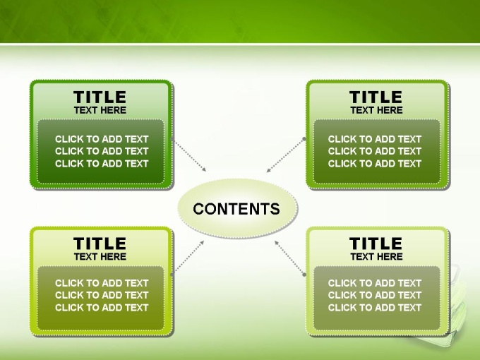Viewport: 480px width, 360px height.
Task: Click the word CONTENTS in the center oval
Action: pyautogui.click(x=236, y=209)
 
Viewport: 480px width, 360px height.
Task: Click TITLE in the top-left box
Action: pyautogui.click(x=100, y=97)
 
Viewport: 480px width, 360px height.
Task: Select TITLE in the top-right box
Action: pyautogui.click(x=376, y=97)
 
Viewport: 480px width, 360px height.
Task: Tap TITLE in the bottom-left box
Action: pyautogui.click(x=100, y=244)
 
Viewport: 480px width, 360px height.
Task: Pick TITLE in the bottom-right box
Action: pyautogui.click(x=376, y=244)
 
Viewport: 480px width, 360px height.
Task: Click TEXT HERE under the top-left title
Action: pyautogui.click(x=100, y=110)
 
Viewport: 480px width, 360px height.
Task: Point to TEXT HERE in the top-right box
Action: pyautogui.click(x=376, y=110)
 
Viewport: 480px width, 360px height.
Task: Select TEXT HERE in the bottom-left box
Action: pyautogui.click(x=100, y=256)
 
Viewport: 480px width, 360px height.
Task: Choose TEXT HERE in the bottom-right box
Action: pyautogui.click(x=376, y=256)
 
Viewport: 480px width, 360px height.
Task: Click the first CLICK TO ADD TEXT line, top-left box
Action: pyautogui.click(x=102, y=139)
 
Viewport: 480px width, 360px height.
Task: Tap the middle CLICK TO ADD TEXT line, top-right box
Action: pyautogui.click(x=375, y=151)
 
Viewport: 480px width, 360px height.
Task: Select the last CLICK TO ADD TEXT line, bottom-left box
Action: pyautogui.click(x=102, y=307)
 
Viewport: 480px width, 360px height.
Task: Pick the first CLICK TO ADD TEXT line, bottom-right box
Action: pyautogui.click(x=375, y=283)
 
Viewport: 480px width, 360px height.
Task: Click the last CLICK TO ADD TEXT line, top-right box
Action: pyautogui.click(x=375, y=164)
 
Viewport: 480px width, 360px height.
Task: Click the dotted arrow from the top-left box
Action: pyautogui.click(x=189, y=155)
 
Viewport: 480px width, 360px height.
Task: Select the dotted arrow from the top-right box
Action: pyautogui.click(x=286, y=155)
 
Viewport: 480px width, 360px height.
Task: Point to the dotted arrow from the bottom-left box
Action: pyautogui.click(x=188, y=258)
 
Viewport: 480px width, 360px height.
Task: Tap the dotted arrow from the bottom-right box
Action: pyautogui.click(x=290, y=258)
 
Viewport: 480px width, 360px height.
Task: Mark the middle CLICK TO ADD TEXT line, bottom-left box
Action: pyautogui.click(x=102, y=295)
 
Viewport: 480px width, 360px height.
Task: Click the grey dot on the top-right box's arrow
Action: pyautogui.click(x=304, y=139)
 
